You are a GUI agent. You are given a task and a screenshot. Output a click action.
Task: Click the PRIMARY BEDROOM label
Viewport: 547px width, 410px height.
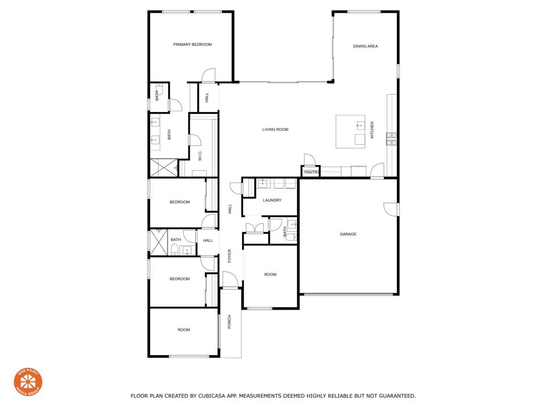pos(192,45)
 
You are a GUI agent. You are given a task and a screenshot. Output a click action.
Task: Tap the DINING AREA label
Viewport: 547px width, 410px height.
pos(365,46)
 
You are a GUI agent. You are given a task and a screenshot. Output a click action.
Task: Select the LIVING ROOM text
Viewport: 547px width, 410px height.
pos(275,130)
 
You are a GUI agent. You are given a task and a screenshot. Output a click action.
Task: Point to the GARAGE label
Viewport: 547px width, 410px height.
pos(348,234)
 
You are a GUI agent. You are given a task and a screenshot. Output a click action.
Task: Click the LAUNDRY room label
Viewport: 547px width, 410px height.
pos(272,201)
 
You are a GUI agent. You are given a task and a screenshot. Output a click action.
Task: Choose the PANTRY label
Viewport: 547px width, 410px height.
pos(311,172)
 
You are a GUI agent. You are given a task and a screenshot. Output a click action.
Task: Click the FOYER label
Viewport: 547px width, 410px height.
pos(230,256)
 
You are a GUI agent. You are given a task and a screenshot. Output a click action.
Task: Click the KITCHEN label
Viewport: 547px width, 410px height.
pos(372,130)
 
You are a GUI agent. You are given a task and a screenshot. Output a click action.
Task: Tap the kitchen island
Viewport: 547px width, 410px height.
pos(350,131)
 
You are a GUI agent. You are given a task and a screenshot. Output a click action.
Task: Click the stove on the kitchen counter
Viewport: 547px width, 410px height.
pos(392,139)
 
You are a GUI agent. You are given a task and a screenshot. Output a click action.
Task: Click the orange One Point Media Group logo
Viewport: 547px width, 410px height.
pos(28,382)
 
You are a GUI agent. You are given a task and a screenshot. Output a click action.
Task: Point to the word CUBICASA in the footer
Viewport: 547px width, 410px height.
pos(211,396)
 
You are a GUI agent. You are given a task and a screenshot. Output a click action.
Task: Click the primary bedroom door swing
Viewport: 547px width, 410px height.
pos(208,75)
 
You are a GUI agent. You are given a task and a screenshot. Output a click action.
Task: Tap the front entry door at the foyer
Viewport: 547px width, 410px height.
pos(230,280)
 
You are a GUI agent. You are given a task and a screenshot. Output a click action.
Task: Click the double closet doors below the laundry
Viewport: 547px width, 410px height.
pos(254,226)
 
